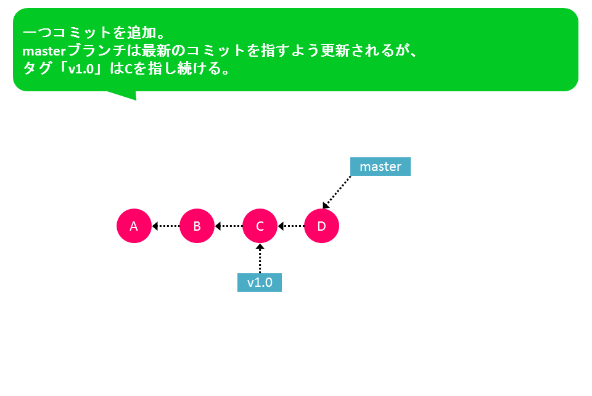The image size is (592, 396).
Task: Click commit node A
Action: pos(134,226)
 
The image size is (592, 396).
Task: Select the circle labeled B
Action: pos(197,226)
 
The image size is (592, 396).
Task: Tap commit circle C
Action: pos(260,226)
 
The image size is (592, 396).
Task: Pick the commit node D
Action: pos(321,226)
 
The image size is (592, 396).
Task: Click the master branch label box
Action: pos(380,167)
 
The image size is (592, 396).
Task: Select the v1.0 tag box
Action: pos(260,283)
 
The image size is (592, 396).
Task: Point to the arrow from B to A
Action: pos(166,226)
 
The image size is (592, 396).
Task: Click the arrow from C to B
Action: pos(229,226)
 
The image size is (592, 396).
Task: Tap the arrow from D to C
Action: pos(291,226)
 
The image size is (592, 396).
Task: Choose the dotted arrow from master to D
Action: pos(337,192)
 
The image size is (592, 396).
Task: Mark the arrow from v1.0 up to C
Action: pos(260,258)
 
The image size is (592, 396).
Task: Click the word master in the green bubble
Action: pos(44,51)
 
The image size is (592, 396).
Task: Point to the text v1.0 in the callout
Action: pos(81,69)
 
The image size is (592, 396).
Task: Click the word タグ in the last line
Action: pos(37,68)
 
